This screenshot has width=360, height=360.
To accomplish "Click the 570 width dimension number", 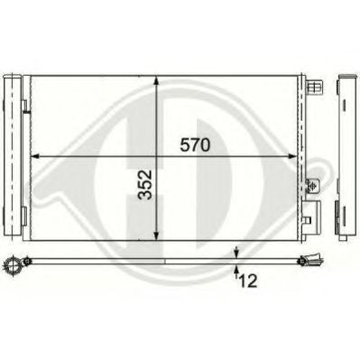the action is click(195, 145).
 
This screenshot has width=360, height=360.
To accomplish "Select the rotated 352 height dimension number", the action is click(145, 185).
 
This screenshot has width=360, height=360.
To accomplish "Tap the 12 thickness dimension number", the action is click(248, 282).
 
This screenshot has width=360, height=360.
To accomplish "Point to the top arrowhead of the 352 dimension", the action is click(156, 81).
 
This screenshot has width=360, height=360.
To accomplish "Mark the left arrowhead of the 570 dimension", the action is click(36, 156).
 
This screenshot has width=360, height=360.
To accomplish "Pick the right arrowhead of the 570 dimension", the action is click(291, 156).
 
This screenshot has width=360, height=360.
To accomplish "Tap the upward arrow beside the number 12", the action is click(236, 271).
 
